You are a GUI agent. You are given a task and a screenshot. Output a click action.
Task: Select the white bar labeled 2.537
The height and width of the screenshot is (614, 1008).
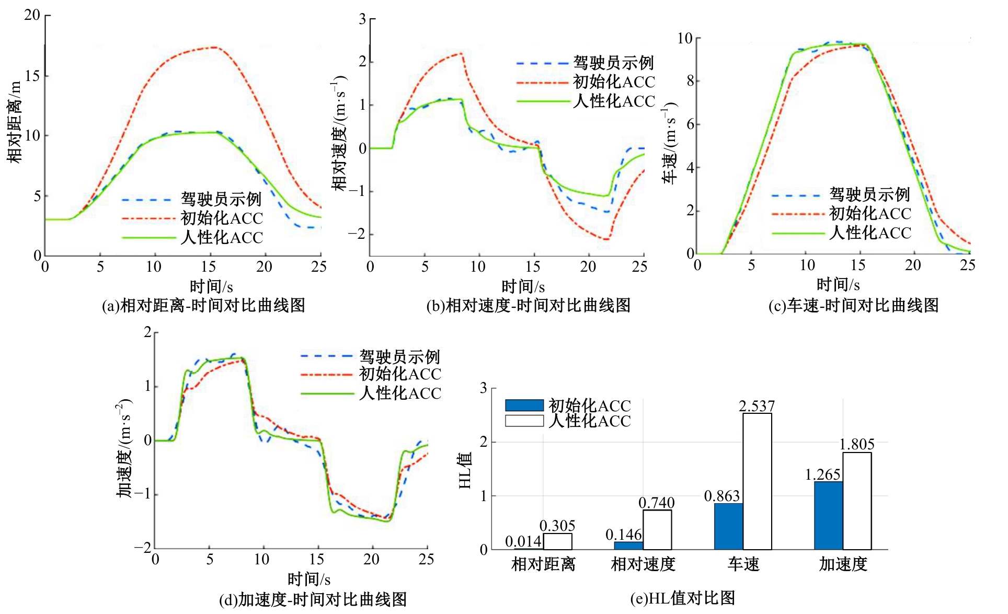(x=757, y=481)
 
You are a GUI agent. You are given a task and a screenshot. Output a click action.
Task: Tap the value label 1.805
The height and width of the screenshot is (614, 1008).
(x=856, y=444)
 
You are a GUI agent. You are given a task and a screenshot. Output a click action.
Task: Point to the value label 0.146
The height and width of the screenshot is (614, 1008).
(x=623, y=535)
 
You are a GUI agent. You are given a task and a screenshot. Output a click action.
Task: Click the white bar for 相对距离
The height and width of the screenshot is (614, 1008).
(x=557, y=541)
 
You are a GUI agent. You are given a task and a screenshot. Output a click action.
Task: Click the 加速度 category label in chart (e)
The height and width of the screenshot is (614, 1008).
(x=843, y=564)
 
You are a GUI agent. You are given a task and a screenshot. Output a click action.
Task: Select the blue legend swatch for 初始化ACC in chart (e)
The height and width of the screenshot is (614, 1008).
(x=524, y=406)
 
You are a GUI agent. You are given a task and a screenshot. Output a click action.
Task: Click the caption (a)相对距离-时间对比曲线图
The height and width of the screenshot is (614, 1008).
(x=203, y=305)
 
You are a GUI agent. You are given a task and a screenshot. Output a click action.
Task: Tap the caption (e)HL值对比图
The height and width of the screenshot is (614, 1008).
(x=682, y=598)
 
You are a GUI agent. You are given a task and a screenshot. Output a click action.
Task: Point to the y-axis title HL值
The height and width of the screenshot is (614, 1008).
(x=465, y=470)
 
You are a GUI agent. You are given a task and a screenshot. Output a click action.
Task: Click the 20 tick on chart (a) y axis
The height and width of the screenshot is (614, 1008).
(x=32, y=15)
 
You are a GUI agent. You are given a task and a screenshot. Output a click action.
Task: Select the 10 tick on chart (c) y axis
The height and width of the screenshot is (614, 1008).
(x=684, y=38)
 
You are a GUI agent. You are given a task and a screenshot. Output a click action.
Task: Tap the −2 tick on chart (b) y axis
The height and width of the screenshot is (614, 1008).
(x=357, y=234)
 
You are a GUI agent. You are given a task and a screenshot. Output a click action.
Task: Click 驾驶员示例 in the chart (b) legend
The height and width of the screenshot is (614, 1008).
(x=613, y=63)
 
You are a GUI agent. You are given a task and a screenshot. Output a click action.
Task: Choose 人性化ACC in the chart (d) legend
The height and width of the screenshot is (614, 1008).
(x=400, y=393)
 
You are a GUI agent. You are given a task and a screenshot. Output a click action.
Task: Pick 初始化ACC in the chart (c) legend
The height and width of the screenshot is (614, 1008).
(x=870, y=213)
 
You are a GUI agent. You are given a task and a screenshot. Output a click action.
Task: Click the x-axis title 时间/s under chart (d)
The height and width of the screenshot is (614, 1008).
(x=308, y=579)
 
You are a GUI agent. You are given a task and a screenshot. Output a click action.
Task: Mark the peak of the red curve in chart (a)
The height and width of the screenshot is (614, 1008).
(x=215, y=47)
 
